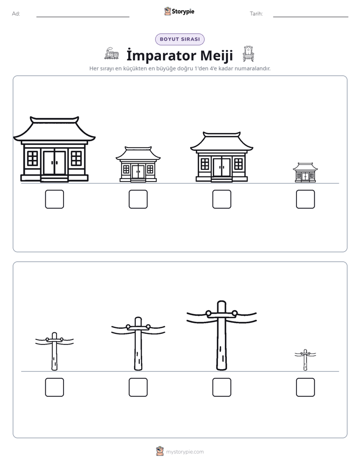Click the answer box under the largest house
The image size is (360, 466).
tap(54, 199)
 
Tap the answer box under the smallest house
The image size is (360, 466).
tap(306, 199)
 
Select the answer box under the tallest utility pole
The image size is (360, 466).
tap(222, 387)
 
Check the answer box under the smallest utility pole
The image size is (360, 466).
tap(306, 387)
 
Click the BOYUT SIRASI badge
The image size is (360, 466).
tap(180, 39)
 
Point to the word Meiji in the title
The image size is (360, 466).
tap(216, 55)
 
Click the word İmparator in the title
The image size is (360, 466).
tap(161, 55)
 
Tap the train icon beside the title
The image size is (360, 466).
tap(111, 53)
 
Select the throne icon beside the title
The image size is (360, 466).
tap(248, 54)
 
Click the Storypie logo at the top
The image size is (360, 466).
tap(179, 12)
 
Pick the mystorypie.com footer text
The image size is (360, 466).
tap(185, 452)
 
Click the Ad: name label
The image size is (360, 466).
tap(16, 14)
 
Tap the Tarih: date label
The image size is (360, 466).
tap(256, 14)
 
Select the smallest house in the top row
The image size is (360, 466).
tap(306, 172)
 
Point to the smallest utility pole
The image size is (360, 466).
tap(305, 360)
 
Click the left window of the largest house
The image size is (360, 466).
tap(33, 158)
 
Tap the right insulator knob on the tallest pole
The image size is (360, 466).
tap(234, 313)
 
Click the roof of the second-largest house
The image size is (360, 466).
tap(221, 141)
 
